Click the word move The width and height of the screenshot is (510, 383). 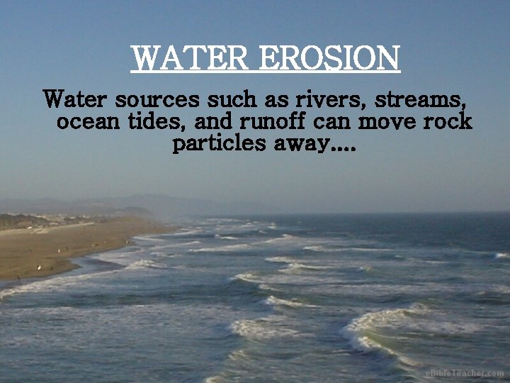point(385,121)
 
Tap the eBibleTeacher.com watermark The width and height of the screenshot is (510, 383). point(464,372)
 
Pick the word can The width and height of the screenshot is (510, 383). point(334,122)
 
